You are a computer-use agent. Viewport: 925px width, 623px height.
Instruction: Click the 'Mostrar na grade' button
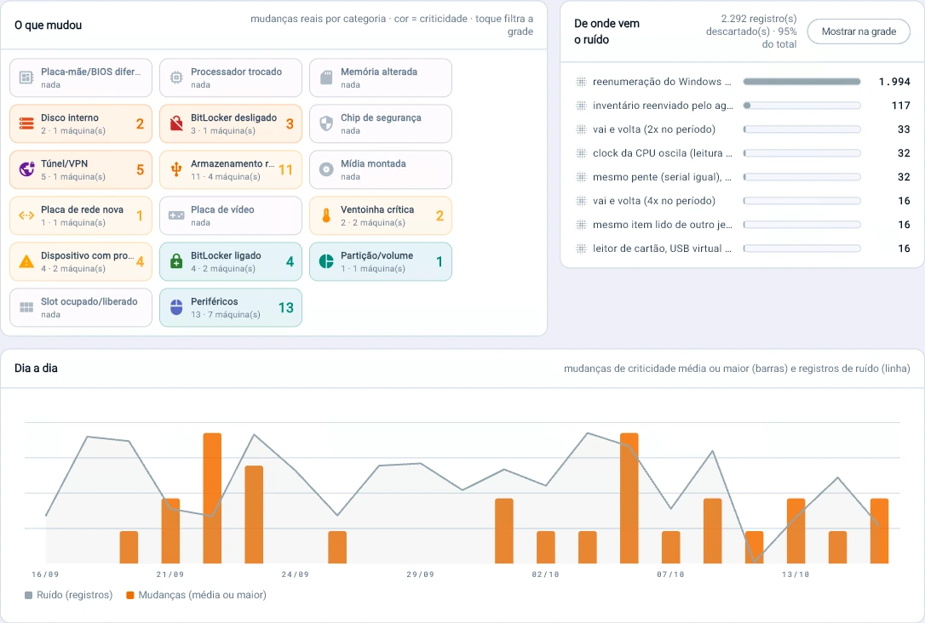click(859, 31)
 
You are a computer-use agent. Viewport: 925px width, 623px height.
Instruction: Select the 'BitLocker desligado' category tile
click(231, 123)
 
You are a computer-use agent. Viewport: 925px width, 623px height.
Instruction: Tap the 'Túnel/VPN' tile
click(81, 169)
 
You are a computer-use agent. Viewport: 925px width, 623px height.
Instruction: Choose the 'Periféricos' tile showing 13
click(231, 307)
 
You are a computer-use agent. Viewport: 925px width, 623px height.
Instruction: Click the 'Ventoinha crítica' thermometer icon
click(326, 215)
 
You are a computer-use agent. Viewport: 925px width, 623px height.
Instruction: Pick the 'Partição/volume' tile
click(381, 261)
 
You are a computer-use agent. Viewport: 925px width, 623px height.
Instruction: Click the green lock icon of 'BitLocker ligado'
click(176, 261)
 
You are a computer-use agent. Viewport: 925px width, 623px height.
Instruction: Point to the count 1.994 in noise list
click(894, 82)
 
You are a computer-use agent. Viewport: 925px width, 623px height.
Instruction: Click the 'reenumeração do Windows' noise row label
click(662, 82)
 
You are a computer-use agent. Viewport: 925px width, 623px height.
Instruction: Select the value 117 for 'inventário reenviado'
click(901, 106)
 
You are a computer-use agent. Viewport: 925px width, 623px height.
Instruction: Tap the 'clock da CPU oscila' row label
click(662, 153)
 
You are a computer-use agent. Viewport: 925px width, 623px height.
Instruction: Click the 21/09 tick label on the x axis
click(169, 574)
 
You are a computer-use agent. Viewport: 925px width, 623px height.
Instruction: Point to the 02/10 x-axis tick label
click(546, 574)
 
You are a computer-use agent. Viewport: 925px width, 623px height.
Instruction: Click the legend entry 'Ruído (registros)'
click(68, 595)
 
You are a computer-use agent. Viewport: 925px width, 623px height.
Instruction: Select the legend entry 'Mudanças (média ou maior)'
click(197, 595)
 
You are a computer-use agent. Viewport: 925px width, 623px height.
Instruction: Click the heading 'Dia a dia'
click(36, 369)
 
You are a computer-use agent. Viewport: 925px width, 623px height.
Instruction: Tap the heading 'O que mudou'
click(49, 26)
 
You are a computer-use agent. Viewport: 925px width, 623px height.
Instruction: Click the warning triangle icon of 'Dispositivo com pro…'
click(26, 261)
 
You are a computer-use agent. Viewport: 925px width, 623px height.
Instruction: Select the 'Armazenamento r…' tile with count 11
click(231, 169)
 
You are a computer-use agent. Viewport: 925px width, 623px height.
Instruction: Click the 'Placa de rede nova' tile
click(81, 215)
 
